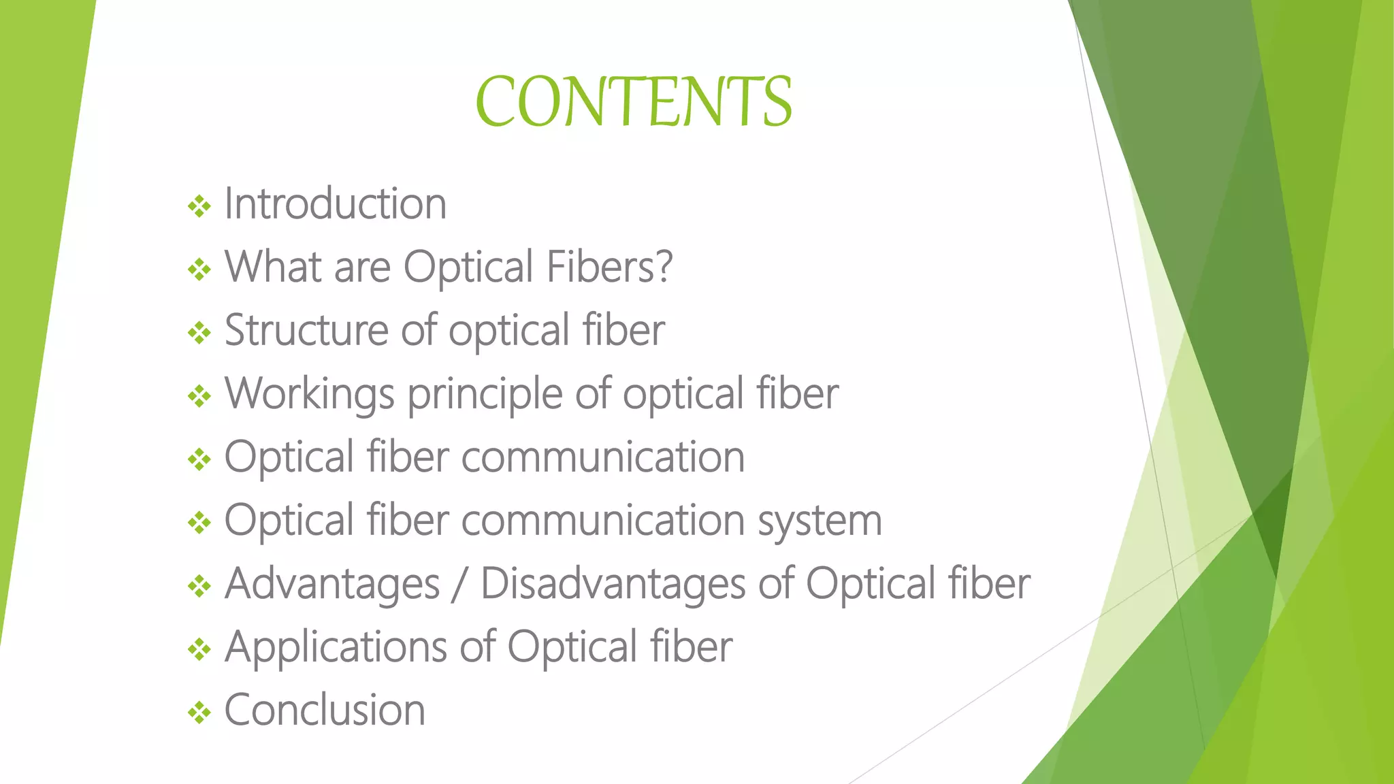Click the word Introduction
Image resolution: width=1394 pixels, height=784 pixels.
coord(335,203)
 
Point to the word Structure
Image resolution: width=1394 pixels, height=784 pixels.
coord(306,330)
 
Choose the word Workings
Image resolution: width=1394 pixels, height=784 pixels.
coord(310,395)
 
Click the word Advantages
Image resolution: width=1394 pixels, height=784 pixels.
coord(332,585)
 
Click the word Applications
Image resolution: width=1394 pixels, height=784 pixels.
coord(335,647)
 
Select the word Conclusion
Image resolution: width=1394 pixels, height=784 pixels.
coord(325,710)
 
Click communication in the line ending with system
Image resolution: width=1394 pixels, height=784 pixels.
coord(602,521)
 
